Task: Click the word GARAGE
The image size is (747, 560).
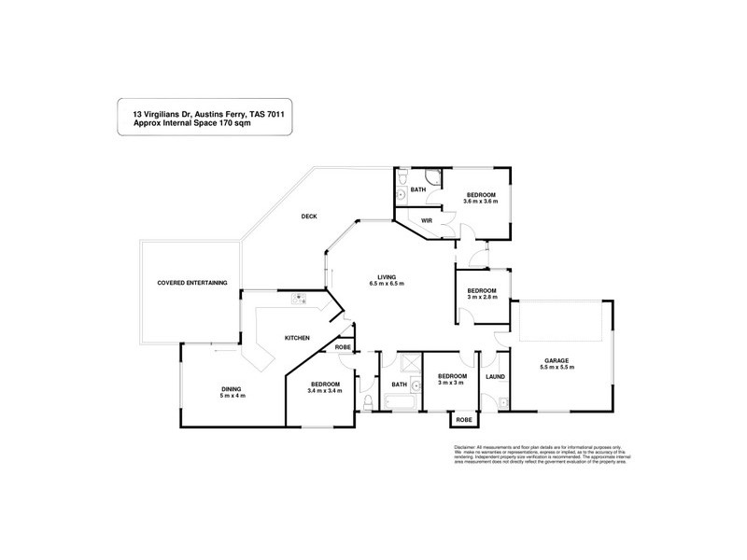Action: pos(558,360)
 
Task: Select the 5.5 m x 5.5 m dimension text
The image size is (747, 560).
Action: pos(558,368)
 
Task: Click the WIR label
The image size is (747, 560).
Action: pos(426,220)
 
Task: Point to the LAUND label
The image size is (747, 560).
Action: pos(495,377)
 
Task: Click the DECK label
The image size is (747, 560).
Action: pos(309,217)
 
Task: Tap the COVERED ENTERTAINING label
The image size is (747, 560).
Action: pos(191,284)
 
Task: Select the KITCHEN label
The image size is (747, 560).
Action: pos(298,336)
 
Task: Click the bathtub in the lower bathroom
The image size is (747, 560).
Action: pos(401,403)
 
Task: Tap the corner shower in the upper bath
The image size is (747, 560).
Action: pos(432,177)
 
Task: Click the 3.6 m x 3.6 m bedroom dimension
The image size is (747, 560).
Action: pos(481,201)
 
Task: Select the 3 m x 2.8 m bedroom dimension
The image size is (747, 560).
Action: pos(482,297)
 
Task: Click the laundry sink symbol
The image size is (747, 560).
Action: pos(501,403)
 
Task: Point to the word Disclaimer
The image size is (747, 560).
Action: pos(464,447)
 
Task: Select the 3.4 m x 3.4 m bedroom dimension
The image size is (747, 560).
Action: pos(326,390)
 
